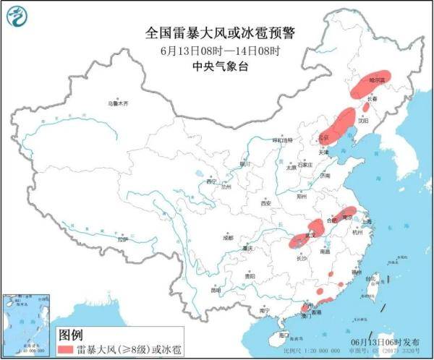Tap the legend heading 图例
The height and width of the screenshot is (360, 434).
click(69, 335)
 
